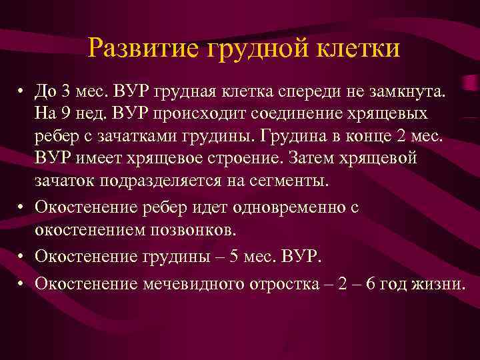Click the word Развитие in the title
(x=139, y=48)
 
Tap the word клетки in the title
(x=360, y=48)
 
